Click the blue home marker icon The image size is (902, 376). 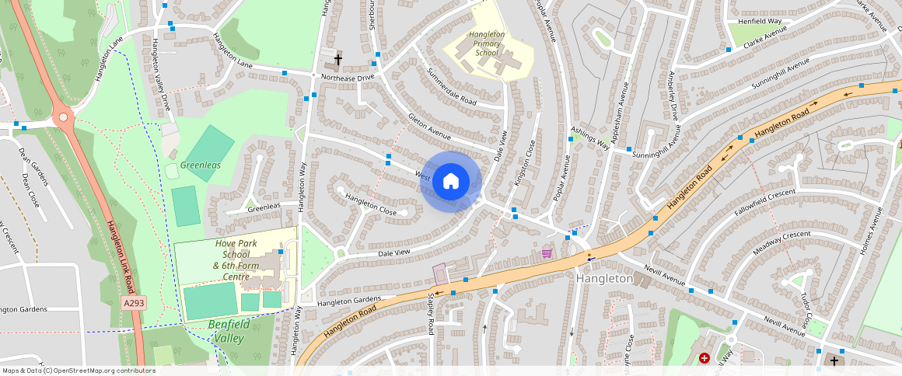[451, 182]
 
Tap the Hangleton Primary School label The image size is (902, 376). [487, 44]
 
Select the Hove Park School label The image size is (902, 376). [236, 260]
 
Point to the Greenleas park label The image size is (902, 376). [200, 165]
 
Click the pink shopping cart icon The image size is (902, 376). [547, 253]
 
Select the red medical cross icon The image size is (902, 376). [704, 358]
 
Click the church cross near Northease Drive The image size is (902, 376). [337, 59]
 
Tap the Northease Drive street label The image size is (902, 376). [348, 78]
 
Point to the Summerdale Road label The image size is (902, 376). [452, 86]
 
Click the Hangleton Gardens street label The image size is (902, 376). [349, 301]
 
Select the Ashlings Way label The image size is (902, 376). [590, 137]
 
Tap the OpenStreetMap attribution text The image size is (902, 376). [78, 371]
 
